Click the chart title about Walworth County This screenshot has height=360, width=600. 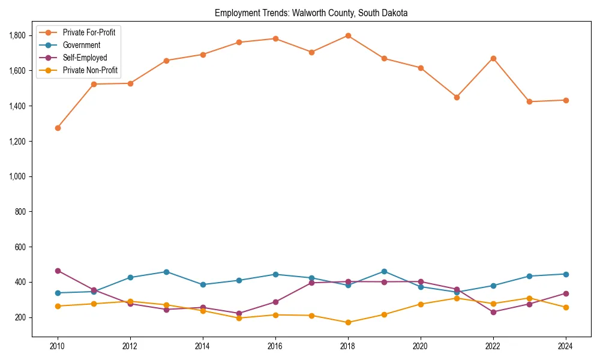point(311,13)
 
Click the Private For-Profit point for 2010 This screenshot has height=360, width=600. point(58,128)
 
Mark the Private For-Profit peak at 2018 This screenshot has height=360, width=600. point(348,35)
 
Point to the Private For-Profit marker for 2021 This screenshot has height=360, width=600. point(457,97)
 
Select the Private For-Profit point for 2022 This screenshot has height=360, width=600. point(493,58)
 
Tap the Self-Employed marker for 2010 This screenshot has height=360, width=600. point(58,271)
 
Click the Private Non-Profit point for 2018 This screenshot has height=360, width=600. point(348,322)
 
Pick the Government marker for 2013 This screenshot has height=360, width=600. point(166,272)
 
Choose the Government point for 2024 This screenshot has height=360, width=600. point(566,274)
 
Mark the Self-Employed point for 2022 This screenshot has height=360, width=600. point(493,312)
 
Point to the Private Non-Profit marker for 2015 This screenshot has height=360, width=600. point(239,318)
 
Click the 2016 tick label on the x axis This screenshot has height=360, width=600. point(275,346)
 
